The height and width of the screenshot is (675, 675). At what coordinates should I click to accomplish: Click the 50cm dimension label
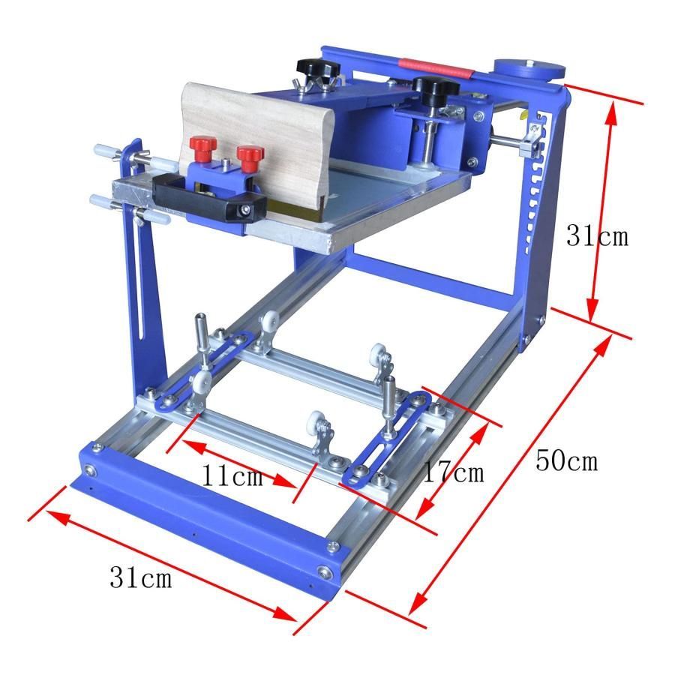click(x=566, y=461)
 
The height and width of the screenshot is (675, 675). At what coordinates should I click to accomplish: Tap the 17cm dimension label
click(x=454, y=472)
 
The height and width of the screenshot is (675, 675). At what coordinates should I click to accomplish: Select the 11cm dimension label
click(x=232, y=475)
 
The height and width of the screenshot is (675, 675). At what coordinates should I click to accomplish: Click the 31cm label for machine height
click(x=597, y=236)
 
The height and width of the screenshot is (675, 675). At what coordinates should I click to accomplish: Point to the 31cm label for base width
click(x=141, y=577)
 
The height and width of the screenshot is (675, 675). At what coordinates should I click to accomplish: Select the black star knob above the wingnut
click(x=318, y=67)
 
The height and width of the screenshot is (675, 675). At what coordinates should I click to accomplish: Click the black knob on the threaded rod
click(x=436, y=88)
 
